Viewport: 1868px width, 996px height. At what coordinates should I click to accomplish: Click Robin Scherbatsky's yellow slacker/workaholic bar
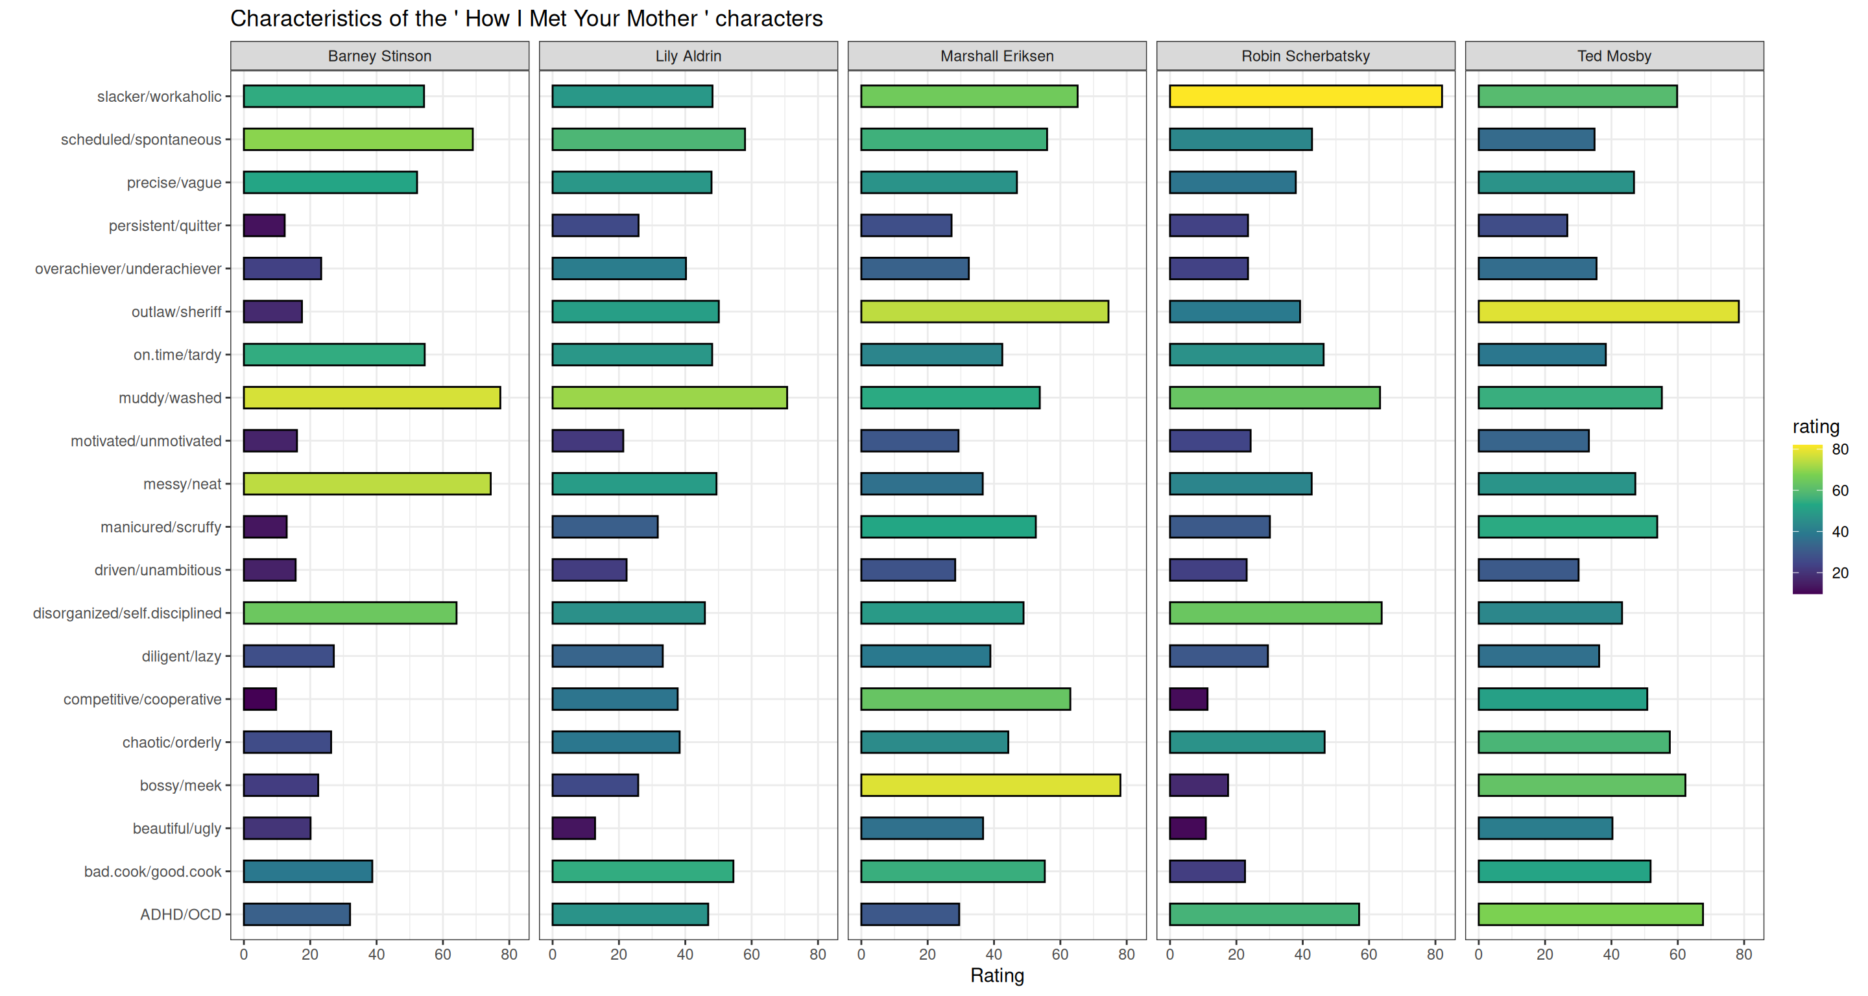point(1305,97)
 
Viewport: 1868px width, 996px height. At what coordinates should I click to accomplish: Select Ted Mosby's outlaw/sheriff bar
point(1608,312)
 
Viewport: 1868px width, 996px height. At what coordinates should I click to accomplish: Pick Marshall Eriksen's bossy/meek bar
point(990,785)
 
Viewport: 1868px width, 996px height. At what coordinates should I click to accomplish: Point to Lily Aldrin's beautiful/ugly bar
point(573,828)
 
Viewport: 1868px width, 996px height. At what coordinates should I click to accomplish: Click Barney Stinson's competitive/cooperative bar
point(259,699)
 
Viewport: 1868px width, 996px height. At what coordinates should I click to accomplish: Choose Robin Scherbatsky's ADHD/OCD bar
point(1264,914)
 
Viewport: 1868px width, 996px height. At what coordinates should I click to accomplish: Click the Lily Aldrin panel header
point(688,56)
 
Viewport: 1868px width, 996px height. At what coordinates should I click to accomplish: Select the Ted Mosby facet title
point(1614,56)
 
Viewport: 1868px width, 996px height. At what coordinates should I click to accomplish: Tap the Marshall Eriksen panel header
point(997,56)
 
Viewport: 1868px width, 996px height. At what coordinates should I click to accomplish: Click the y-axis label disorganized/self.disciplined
point(127,613)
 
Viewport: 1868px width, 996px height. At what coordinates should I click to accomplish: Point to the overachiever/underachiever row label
point(128,269)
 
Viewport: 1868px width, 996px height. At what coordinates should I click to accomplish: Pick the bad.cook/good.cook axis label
point(152,871)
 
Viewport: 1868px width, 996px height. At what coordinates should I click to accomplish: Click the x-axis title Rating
point(997,976)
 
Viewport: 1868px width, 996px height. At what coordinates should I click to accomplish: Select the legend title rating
point(1816,426)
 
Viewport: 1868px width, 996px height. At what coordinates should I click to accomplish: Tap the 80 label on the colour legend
point(1839,449)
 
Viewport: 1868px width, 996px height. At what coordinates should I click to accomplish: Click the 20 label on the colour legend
point(1839,573)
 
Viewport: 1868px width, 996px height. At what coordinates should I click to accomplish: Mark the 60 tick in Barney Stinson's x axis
point(442,954)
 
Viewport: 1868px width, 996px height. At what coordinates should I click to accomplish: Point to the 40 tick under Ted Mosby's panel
point(1611,954)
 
